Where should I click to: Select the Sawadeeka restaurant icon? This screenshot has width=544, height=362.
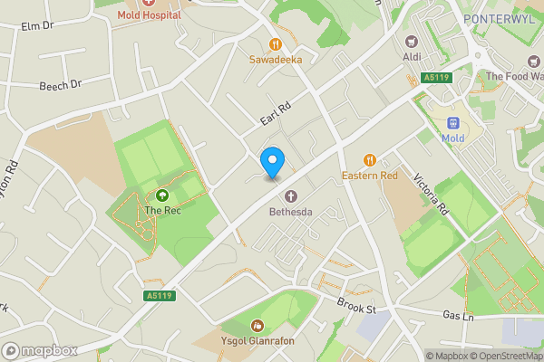[274, 44]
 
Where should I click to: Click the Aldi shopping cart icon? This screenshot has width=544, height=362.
[412, 41]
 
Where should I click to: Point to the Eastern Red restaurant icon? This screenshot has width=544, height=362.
[369, 159]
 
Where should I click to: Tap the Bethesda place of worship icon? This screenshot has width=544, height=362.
[291, 196]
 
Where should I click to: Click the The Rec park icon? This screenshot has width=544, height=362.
[162, 195]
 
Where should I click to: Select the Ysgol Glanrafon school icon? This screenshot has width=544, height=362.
[257, 325]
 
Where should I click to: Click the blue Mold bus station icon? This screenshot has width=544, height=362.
[452, 122]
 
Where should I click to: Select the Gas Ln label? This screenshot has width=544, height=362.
[459, 316]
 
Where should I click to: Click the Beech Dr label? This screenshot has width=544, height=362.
[60, 86]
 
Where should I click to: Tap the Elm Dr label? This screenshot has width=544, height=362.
[35, 25]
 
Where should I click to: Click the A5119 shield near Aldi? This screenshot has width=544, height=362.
[436, 78]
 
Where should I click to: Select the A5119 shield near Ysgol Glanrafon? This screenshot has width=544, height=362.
[158, 295]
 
